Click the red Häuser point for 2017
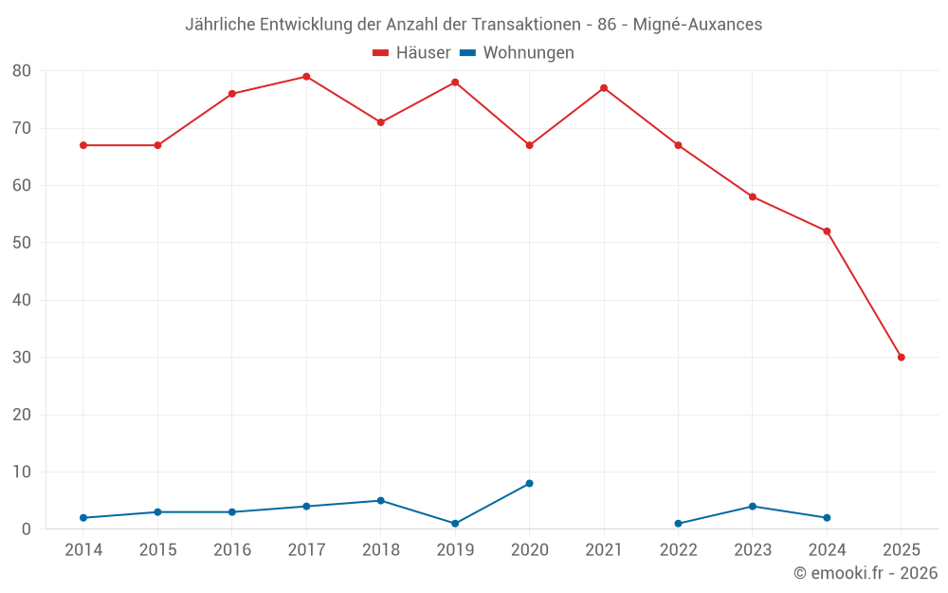pyautogui.click(x=306, y=77)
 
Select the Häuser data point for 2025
pyautogui.click(x=902, y=358)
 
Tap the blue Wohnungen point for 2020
pyautogui.click(x=529, y=484)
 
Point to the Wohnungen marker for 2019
pyautogui.click(x=455, y=524)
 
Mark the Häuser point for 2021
pyautogui.click(x=604, y=88)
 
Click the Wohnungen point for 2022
pyautogui.click(x=678, y=524)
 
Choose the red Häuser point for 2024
pyautogui.click(x=827, y=232)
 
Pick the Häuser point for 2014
pyautogui.click(x=83, y=145)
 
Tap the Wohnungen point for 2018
pyautogui.click(x=381, y=501)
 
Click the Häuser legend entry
pyautogui.click(x=411, y=53)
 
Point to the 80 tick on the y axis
pyautogui.click(x=22, y=71)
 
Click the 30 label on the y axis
pyautogui.click(x=22, y=358)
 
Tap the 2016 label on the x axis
pyautogui.click(x=232, y=550)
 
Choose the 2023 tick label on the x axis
pyautogui.click(x=753, y=550)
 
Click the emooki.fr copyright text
pyautogui.click(x=866, y=573)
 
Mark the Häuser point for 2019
pyautogui.click(x=455, y=83)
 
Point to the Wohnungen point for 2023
pyautogui.click(x=753, y=507)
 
